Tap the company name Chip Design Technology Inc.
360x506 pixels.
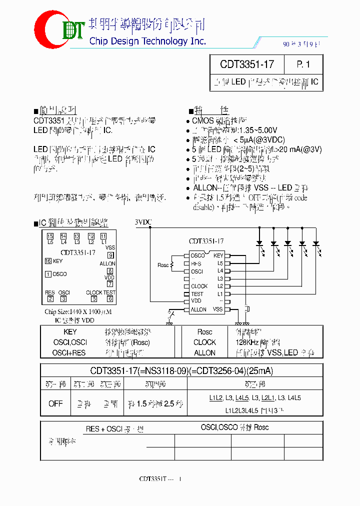[x=147, y=41]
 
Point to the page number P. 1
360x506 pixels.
[x=303, y=64]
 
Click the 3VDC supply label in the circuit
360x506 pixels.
[x=143, y=221]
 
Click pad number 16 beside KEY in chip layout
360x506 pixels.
[x=48, y=261]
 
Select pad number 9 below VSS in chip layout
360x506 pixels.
[x=110, y=255]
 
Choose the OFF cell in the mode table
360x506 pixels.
[x=55, y=403]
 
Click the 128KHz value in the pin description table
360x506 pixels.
[x=247, y=342]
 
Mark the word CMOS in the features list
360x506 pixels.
[x=203, y=120]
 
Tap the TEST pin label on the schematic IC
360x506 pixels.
[x=197, y=294]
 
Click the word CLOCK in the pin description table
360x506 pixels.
[x=204, y=342]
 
